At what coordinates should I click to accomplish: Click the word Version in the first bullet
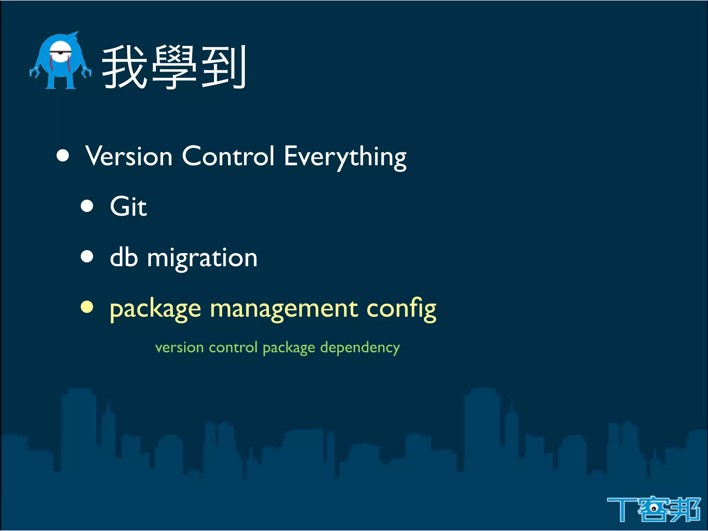coord(129,156)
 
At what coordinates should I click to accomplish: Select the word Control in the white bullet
coord(228,156)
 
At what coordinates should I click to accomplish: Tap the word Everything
coord(345,157)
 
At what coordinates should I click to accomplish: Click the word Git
coord(128,207)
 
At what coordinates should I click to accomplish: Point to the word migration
coord(202,259)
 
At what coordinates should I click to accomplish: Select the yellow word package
coord(155,309)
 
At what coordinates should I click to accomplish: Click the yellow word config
coord(401,309)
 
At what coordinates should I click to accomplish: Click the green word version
coord(179,347)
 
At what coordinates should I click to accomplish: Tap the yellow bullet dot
coord(87,307)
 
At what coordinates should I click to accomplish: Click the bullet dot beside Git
coord(87,206)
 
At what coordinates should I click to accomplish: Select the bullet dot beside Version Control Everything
coord(63,156)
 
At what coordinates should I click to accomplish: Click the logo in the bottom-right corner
coord(653,509)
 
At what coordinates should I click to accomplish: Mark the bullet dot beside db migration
coord(87,257)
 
